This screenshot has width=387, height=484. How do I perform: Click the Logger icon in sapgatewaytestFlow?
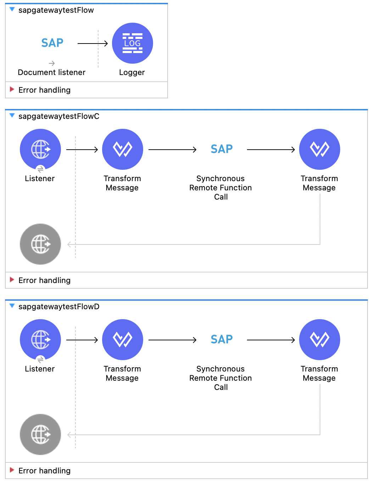(x=133, y=43)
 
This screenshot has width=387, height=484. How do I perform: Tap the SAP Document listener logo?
(x=52, y=43)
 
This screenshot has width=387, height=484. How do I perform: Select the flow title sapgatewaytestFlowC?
(x=59, y=116)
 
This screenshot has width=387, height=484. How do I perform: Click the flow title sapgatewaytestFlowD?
(x=59, y=307)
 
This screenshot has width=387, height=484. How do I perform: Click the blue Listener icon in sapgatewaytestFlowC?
(x=40, y=149)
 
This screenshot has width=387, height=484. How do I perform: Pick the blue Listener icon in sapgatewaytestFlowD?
(x=40, y=340)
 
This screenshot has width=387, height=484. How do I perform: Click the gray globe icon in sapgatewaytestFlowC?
(x=40, y=244)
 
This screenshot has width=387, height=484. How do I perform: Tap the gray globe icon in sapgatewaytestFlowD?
(x=40, y=434)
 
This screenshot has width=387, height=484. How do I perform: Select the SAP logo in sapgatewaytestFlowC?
(x=221, y=149)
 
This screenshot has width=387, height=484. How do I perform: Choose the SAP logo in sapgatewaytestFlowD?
(x=221, y=339)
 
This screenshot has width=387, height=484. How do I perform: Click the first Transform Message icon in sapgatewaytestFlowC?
(x=123, y=149)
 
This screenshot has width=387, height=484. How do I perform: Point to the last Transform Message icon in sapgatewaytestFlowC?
(x=320, y=149)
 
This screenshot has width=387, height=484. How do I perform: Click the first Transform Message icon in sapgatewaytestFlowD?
(x=123, y=340)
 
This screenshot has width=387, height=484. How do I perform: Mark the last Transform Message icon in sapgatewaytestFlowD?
(x=320, y=340)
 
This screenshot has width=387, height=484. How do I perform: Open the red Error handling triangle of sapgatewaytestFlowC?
(x=12, y=280)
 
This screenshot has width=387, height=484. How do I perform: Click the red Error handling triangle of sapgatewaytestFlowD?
(x=12, y=470)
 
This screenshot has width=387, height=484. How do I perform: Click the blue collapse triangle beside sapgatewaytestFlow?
(x=12, y=10)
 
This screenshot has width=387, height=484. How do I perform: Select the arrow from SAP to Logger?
(x=92, y=44)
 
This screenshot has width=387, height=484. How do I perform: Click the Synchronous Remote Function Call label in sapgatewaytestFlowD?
(x=220, y=378)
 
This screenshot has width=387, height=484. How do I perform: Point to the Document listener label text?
(x=52, y=73)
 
